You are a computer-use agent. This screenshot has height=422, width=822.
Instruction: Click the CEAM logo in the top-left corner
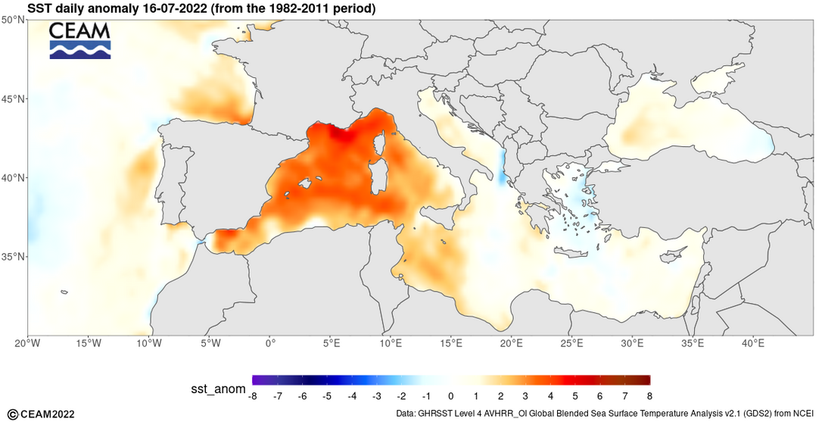coord(79,40)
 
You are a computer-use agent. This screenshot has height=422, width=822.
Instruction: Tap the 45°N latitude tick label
coord(14,98)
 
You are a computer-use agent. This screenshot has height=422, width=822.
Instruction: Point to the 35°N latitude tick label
coord(14,256)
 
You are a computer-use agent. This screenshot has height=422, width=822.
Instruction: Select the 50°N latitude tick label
coord(14,20)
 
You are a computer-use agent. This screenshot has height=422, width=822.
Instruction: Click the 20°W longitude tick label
coord(27,343)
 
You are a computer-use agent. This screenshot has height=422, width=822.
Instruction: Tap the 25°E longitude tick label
coord(572,343)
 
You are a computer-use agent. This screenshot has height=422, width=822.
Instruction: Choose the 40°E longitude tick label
coord(753,343)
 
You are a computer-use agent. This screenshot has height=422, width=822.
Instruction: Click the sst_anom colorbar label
coord(217,389)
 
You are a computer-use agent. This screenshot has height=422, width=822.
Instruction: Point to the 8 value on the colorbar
coord(649,396)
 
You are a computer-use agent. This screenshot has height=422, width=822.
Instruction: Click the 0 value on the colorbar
coord(450,396)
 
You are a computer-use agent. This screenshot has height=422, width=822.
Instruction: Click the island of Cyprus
coord(673,256)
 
